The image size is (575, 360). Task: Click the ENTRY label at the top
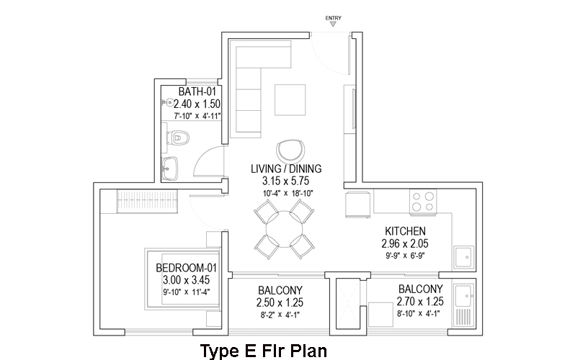pyautogui.click(x=334, y=18)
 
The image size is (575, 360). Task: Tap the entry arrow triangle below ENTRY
pyautogui.click(x=333, y=24)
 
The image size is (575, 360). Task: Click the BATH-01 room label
pyautogui.click(x=197, y=91)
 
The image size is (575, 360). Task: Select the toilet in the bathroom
pyautogui.click(x=178, y=138)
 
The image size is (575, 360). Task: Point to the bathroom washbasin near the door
pyautogui.click(x=170, y=168)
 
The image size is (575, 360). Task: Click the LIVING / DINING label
pyautogui.click(x=286, y=168)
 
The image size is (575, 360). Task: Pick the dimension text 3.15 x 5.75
pyautogui.click(x=285, y=181)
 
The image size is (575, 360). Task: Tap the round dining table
pyautogui.click(x=285, y=229)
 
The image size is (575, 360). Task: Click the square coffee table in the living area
pyautogui.click(x=290, y=100)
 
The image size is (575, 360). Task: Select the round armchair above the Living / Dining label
pyautogui.click(x=290, y=150)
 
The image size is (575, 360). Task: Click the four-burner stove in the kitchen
pyautogui.click(x=423, y=202)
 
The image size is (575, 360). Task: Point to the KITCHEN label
pyautogui.click(x=405, y=231)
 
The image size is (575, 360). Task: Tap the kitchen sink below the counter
pyautogui.click(x=464, y=257)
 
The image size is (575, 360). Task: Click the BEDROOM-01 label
pyautogui.click(x=187, y=268)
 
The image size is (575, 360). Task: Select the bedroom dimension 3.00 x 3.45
pyautogui.click(x=187, y=280)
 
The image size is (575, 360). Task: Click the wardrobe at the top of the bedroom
pyautogui.click(x=147, y=202)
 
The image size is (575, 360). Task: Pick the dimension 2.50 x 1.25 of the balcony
pyautogui.click(x=280, y=303)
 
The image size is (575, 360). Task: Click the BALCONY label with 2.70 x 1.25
pyautogui.click(x=421, y=289)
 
